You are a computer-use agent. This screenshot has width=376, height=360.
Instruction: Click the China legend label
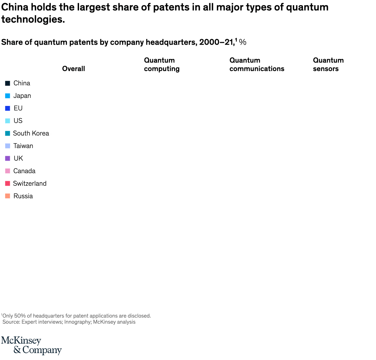[x=22, y=83]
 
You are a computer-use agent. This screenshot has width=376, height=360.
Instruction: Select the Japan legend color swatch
[x=8, y=96]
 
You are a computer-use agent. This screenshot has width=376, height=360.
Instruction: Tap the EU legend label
[x=18, y=108]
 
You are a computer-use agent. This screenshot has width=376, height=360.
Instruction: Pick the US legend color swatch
[x=8, y=121]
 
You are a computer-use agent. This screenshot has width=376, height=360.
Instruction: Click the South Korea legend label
[x=31, y=133]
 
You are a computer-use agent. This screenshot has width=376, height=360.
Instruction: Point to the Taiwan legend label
[x=23, y=146]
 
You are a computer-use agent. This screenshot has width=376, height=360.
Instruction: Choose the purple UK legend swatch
[x=8, y=159]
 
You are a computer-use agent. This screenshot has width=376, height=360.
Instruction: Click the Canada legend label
[x=24, y=171]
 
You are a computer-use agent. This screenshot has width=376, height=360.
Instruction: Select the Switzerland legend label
[x=30, y=184]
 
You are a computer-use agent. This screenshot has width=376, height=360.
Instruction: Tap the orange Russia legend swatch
[x=8, y=196]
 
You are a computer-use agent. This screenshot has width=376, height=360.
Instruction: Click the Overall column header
[x=73, y=69]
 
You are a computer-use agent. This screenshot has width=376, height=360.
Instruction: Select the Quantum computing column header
[x=162, y=64]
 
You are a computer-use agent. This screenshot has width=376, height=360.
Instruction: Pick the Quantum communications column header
[x=257, y=64]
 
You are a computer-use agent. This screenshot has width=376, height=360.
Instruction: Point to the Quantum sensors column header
[x=328, y=64]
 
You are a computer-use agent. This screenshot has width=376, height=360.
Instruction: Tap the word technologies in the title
[x=33, y=20]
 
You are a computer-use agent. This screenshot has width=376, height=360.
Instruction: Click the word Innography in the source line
[x=78, y=322]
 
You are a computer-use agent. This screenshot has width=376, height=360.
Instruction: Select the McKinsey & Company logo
[x=31, y=345]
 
